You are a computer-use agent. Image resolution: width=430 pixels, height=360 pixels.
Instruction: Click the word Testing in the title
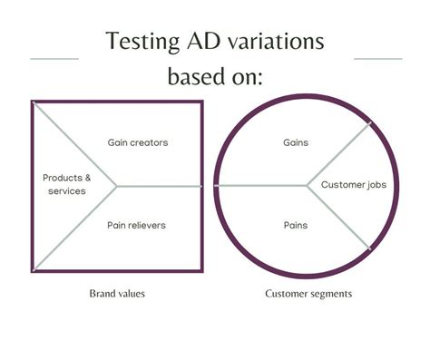[142, 42]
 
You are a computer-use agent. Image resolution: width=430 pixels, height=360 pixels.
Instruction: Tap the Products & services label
[66, 184]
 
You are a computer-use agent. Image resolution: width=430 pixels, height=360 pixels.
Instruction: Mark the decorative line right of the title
[377, 59]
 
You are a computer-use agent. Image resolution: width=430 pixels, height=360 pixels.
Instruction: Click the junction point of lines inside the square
[116, 186]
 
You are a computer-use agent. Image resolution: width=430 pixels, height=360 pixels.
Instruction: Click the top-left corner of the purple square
[33, 102]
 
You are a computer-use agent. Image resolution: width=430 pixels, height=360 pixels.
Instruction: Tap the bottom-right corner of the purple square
[200, 269]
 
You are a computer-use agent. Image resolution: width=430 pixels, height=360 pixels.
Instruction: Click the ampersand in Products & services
[88, 178]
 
